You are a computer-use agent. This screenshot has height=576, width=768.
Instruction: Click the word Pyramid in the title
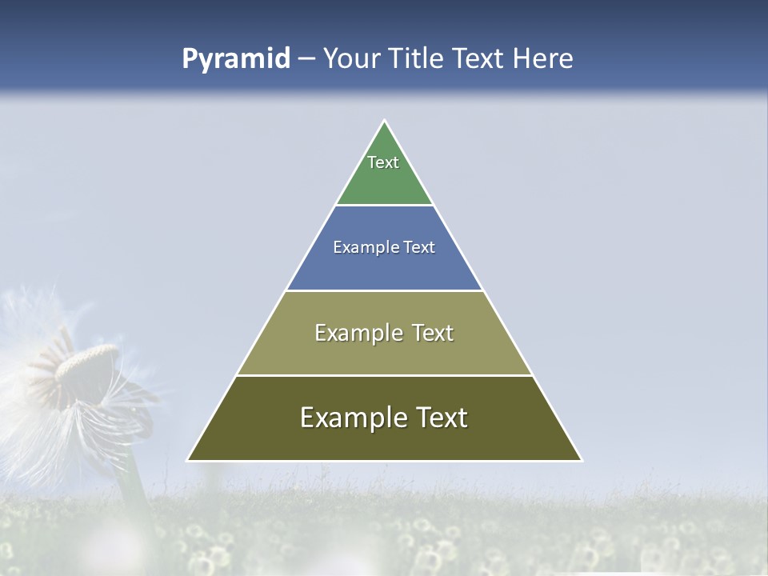point(236,58)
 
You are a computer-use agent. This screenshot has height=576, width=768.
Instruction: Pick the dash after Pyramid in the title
point(306,59)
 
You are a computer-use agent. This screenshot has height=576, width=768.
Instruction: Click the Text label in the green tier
point(383,162)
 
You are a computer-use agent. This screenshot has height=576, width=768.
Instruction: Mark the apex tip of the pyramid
point(385,121)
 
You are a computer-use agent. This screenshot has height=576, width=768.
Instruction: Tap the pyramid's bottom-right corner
point(581,460)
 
